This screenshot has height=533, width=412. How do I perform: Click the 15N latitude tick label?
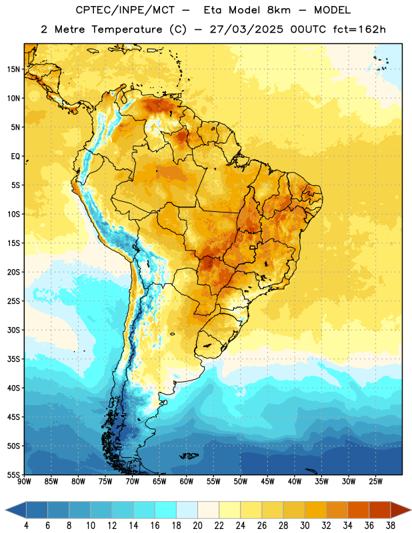coord(13,69)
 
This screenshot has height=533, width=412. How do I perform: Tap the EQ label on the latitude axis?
coord(15,157)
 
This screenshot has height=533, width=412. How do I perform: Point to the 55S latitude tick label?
coord(13,475)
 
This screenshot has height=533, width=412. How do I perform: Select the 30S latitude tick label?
coord(13,330)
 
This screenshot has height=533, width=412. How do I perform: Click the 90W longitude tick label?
coord(24,482)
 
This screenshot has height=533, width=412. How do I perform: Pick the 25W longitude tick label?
coord(375,482)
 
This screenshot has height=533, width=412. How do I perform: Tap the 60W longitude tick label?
coord(187,482)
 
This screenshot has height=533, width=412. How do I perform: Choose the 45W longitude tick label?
coord(268,482)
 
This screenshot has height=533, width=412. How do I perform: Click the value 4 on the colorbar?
coord(26,526)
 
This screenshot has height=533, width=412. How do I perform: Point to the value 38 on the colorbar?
coord(391,526)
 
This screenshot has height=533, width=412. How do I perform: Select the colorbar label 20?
coord(197,526)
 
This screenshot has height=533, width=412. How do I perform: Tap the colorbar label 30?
coord(305,526)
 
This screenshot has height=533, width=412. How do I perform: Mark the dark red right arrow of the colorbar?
coord(400,510)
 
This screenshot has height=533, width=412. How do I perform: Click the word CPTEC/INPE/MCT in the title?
coord(125,11)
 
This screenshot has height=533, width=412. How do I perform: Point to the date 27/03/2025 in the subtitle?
coord(246,29)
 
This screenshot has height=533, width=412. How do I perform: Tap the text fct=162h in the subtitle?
coord(359,29)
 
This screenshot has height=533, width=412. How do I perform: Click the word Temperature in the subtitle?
coord(127,30)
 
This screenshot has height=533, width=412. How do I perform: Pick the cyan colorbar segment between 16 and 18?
coord(166,510)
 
